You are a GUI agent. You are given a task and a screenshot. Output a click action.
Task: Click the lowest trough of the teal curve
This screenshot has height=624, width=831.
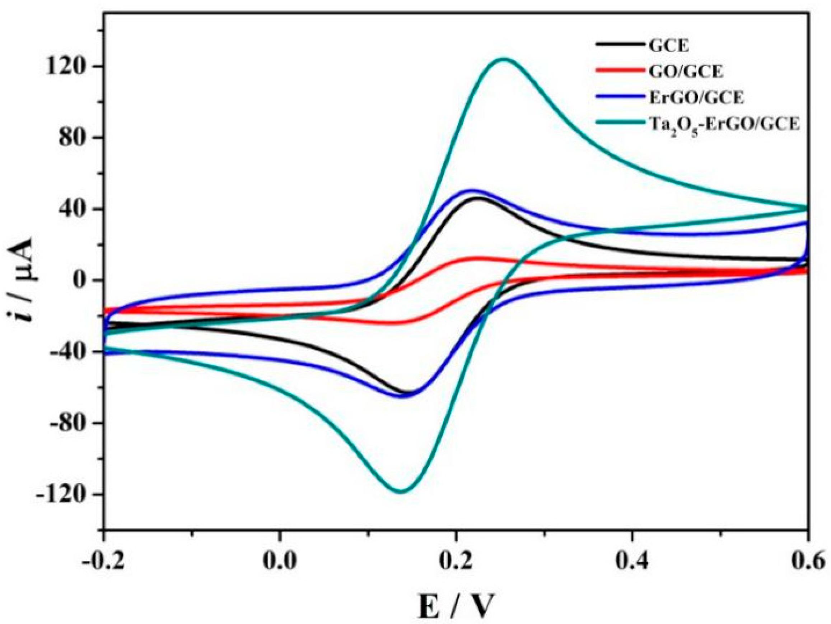point(401,492)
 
